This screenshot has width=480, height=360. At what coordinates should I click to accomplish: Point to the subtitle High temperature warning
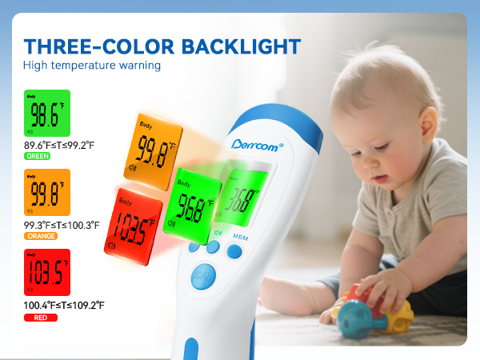92,66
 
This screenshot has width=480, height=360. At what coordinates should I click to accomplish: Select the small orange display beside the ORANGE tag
46,192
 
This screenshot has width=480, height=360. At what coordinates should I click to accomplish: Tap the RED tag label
40,318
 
